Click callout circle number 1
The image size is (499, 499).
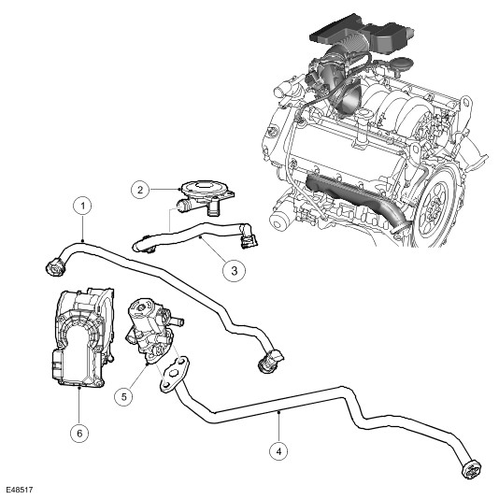tap(83, 207)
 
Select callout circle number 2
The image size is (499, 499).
tap(140, 190)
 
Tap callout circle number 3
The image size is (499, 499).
tap(234, 271)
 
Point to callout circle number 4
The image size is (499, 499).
tap(278, 451)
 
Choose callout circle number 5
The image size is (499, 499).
tap(123, 396)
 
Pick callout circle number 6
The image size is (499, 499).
tap(79, 433)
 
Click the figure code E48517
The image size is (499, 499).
tap(20, 490)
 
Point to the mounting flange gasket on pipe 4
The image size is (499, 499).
tap(174, 374)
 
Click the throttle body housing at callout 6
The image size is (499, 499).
tap(83, 337)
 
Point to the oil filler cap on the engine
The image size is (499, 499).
tap(401, 63)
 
